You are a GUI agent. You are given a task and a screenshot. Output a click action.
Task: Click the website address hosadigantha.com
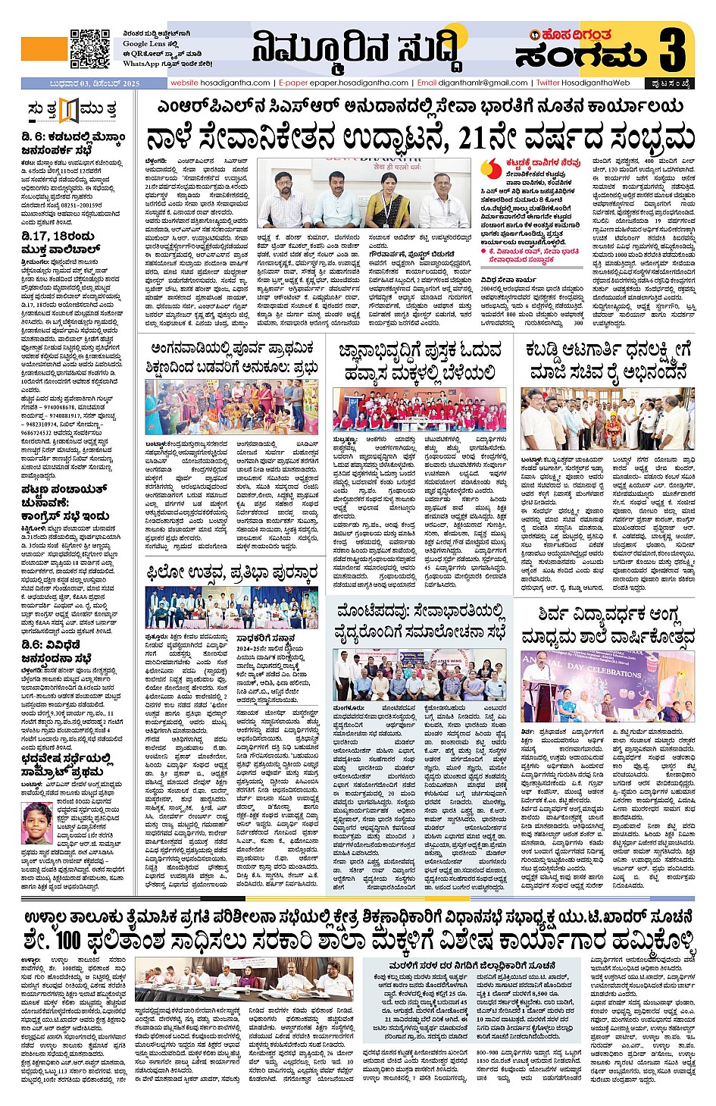click(220, 83)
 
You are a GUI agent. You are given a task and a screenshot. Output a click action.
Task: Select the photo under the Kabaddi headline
click(607, 419)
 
